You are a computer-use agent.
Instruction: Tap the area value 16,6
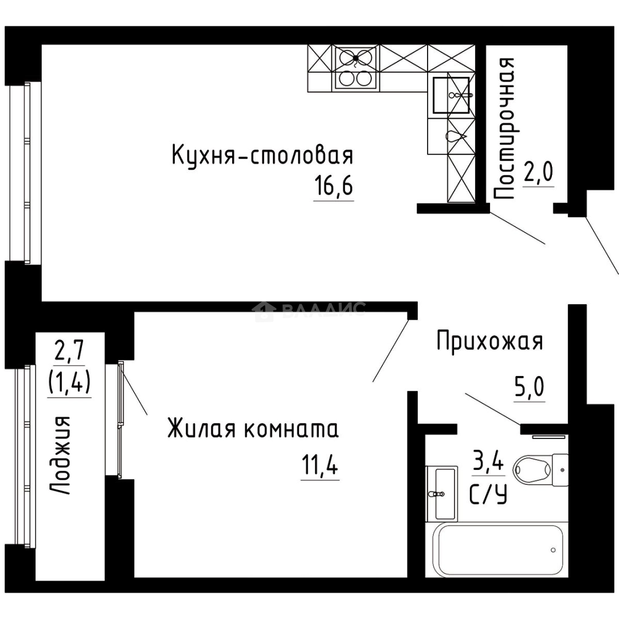pyautogui.click(x=333, y=187)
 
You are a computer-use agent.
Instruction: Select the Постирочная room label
pyautogui.click(x=504, y=128)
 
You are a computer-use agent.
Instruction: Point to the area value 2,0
pyautogui.click(x=539, y=172)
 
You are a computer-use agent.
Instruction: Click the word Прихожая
pyautogui.click(x=489, y=342)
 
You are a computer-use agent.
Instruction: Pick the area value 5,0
pyautogui.click(x=528, y=389)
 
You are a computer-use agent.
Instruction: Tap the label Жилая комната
pyautogui.click(x=253, y=429)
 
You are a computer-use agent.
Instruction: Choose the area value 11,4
pyautogui.click(x=319, y=466)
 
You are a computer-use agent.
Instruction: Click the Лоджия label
pyautogui.click(x=60, y=456)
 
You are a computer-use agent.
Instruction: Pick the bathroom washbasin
pyautogui.click(x=442, y=493)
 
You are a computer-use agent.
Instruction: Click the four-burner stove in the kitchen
pyautogui.click(x=355, y=68)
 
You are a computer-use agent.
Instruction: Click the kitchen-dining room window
pyautogui.click(x=26, y=172)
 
